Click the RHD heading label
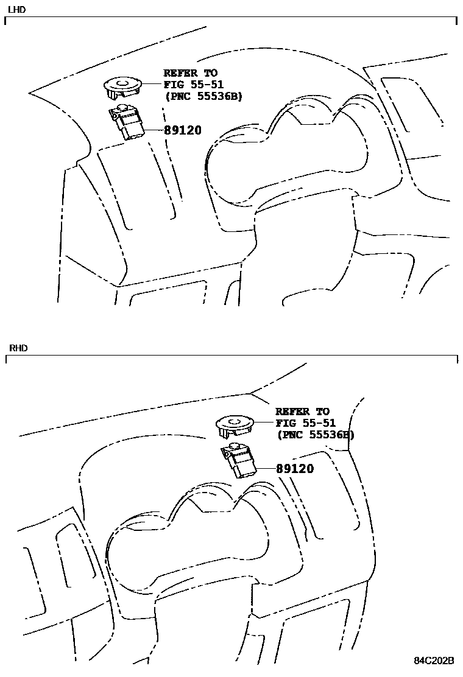[x=18, y=348]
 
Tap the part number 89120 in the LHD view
[x=182, y=130]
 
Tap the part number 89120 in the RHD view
[x=295, y=469]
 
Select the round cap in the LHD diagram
[x=122, y=86]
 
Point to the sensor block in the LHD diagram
[x=128, y=123]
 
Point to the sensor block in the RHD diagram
[x=241, y=461]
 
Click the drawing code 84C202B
[x=434, y=661]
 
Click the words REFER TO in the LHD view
[x=190, y=73]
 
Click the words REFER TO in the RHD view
[x=302, y=412]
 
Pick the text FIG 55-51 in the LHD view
[x=194, y=85]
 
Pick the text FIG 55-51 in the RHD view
[x=306, y=423]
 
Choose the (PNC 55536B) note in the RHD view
[x=315, y=435]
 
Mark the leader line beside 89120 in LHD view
[x=154, y=130]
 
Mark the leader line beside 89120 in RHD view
[x=266, y=468]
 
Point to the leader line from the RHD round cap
[x=265, y=422]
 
